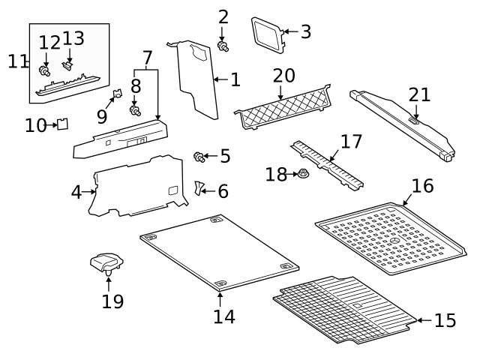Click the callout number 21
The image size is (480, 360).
[420, 94]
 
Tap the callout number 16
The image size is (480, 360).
[422, 185]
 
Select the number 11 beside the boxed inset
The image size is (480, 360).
[17, 61]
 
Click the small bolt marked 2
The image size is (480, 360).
[223, 46]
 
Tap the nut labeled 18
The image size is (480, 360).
[303, 175]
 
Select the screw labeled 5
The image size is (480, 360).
[199, 157]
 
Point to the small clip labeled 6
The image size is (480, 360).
[199, 187]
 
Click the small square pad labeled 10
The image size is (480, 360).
[63, 124]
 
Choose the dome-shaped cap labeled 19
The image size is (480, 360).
[107, 262]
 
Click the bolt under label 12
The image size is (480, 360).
[44, 70]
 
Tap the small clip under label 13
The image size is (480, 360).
[69, 65]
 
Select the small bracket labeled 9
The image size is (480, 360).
[117, 95]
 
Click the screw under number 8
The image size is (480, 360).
[135, 111]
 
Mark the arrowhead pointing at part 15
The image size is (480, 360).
[418, 320]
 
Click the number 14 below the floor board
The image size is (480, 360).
[223, 316]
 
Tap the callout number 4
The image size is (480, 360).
[76, 193]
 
